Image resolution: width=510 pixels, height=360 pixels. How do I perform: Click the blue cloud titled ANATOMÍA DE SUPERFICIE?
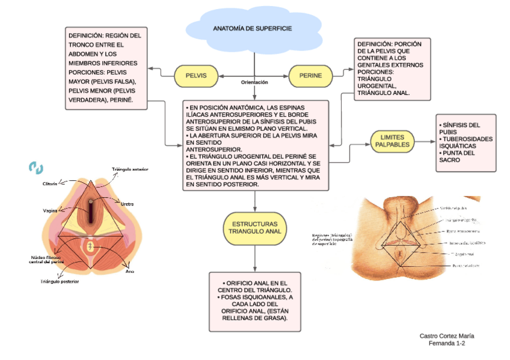coord(253,29)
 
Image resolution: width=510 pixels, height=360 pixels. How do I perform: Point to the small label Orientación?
coord(254,82)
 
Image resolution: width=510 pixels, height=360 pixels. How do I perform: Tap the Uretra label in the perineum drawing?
coord(127,204)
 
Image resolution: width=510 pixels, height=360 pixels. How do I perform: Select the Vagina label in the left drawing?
coord(50,211)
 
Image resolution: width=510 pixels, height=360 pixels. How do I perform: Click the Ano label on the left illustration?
coord(129,272)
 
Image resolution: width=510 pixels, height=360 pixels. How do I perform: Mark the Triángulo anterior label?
coord(130,169)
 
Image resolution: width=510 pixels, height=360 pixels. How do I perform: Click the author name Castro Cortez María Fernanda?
coord(447,339)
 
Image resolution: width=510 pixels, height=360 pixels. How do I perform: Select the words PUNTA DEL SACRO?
coord(456,157)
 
